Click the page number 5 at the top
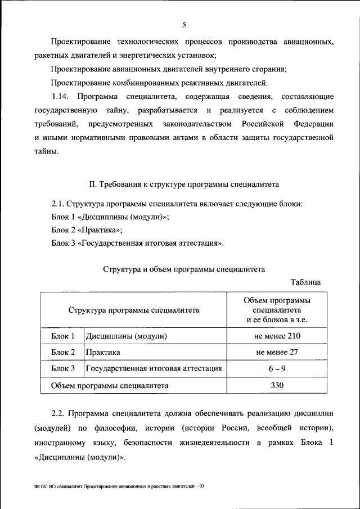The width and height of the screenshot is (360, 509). (x=184, y=25)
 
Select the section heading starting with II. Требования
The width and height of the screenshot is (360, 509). (x=184, y=184)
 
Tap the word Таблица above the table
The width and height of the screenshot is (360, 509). (x=305, y=282)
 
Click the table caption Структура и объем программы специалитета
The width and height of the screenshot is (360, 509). (x=184, y=269)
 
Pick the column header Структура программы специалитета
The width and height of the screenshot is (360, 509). (x=134, y=309)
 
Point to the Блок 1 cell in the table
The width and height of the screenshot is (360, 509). (x=63, y=336)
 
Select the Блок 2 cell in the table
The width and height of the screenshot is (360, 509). (x=63, y=353)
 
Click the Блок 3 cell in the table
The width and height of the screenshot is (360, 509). (x=63, y=369)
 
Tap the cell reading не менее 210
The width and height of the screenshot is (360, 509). (x=277, y=336)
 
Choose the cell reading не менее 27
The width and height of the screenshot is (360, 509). (x=277, y=353)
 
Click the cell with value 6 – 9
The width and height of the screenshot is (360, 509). (x=277, y=369)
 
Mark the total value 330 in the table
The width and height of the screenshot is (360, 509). (x=277, y=385)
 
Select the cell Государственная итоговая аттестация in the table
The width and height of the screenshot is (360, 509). (x=154, y=369)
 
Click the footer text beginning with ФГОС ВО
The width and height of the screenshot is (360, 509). (x=119, y=485)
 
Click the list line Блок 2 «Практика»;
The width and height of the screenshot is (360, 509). (x=87, y=230)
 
